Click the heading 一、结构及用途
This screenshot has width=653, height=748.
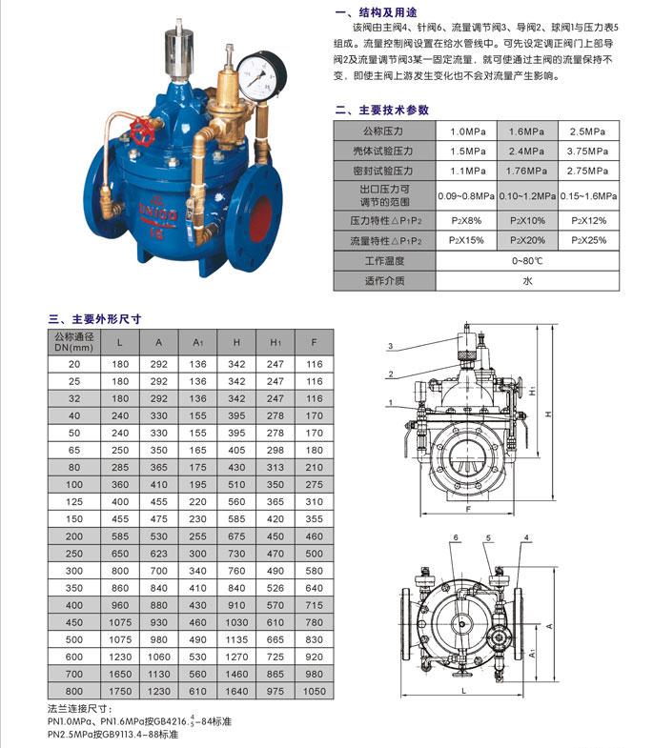(371, 13)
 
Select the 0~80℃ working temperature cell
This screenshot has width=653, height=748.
(527, 261)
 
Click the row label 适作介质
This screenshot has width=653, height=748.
(385, 281)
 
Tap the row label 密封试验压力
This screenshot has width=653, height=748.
(385, 171)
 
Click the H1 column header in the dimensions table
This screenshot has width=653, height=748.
(275, 340)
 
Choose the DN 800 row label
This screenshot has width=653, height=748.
(74, 691)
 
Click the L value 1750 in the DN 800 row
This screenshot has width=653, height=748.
(120, 691)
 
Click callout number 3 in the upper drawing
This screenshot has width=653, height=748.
(390, 345)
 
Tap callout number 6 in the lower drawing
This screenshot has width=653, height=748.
(457, 538)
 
